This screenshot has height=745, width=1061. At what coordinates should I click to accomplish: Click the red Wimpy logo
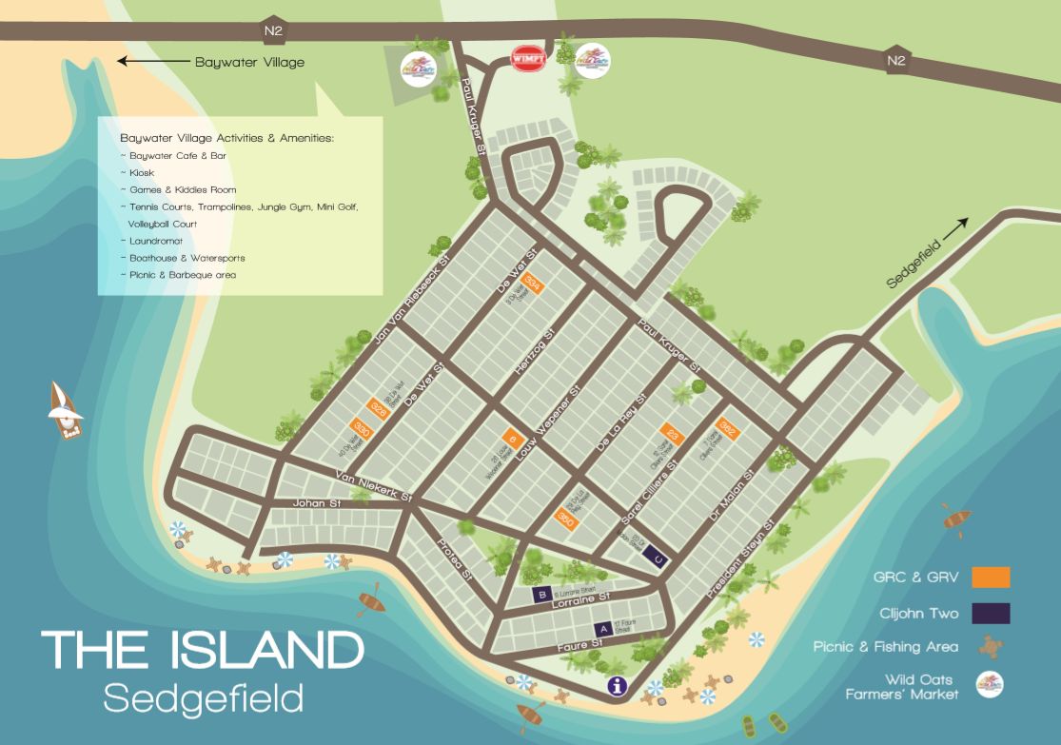pos(528,58)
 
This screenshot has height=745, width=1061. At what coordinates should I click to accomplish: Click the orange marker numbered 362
pos(727,428)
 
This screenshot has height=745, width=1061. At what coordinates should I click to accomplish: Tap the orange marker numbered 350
pos(565,519)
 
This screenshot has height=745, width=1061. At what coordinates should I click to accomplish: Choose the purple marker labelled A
pos(601,629)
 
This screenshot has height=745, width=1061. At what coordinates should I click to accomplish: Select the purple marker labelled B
pos(541,596)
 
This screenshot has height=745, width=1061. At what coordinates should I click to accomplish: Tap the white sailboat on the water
pos(66,410)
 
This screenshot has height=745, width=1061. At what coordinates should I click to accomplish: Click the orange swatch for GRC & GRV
pos(991,578)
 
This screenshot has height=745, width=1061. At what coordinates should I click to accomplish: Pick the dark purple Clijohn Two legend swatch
pos(991,613)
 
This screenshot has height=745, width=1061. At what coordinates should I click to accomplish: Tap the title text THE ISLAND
pos(203,651)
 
